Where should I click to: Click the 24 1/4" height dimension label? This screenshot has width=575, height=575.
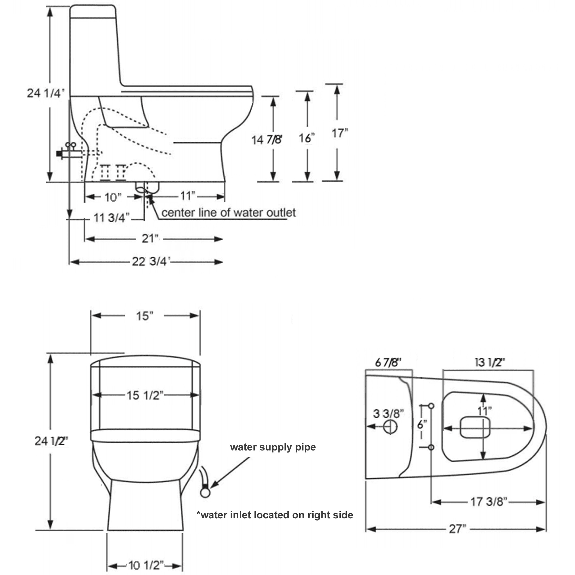pyautogui.click(x=45, y=93)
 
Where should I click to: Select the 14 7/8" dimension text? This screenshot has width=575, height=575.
pyautogui.click(x=267, y=140)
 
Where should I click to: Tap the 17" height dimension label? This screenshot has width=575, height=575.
pyautogui.click(x=340, y=133)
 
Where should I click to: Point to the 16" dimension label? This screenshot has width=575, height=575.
pyautogui.click(x=306, y=138)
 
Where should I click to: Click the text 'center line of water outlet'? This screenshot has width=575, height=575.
pyautogui.click(x=228, y=213)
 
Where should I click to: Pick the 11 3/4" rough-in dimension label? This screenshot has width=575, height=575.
pyautogui.click(x=112, y=218)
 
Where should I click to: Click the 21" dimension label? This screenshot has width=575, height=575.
pyautogui.click(x=150, y=238)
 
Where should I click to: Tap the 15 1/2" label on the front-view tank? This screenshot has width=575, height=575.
pyautogui.click(x=145, y=395)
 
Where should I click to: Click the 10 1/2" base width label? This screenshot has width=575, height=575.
pyautogui.click(x=146, y=565)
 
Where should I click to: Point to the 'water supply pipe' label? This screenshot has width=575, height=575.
pyautogui.click(x=273, y=447)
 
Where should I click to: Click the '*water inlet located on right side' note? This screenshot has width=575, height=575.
pyautogui.click(x=274, y=515)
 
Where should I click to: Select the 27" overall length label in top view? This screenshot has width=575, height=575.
pyautogui.click(x=457, y=529)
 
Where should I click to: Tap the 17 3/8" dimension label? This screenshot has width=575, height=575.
pyautogui.click(x=488, y=501)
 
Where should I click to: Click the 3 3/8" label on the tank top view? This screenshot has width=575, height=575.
pyautogui.click(x=388, y=413)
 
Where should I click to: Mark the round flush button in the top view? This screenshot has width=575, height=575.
pyautogui.click(x=390, y=427)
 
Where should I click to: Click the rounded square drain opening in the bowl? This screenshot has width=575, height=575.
pyautogui.click(x=474, y=428)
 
